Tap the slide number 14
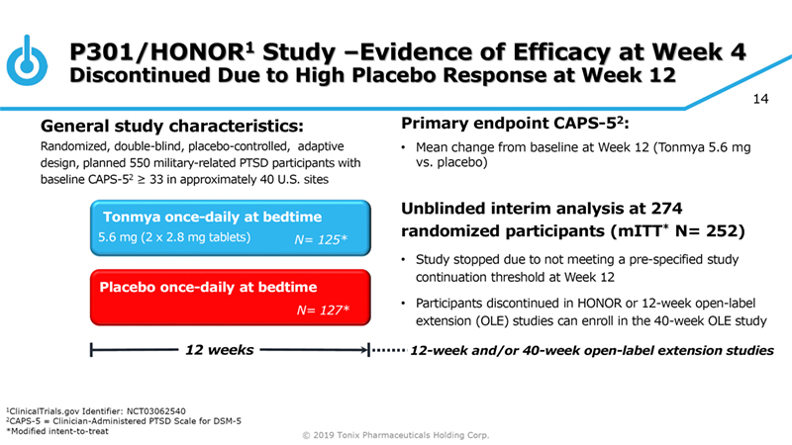[x=763, y=101]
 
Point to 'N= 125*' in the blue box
[x=323, y=239]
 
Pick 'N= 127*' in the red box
[x=323, y=310]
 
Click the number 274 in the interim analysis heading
[x=727, y=209]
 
